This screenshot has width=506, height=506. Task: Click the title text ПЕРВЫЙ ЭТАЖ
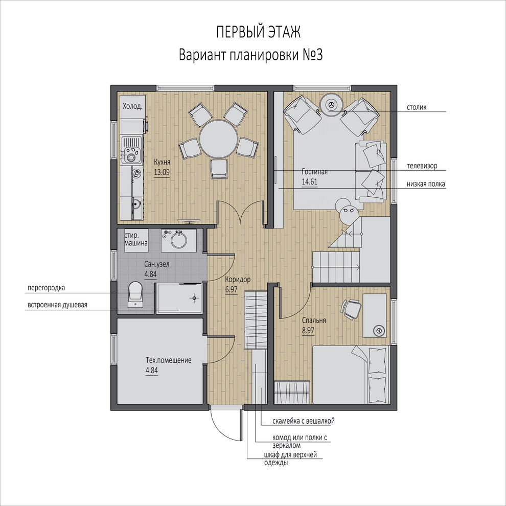(x=258, y=32)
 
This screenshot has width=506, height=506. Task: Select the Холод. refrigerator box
(x=132, y=106)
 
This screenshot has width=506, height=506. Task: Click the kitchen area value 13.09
(x=162, y=172)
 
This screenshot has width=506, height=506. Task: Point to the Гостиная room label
(x=315, y=172)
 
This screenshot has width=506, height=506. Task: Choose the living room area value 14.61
(x=309, y=181)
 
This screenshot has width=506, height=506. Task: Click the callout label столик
(x=417, y=107)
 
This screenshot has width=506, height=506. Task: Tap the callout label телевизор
(x=422, y=166)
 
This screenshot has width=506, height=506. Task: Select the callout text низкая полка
(x=426, y=184)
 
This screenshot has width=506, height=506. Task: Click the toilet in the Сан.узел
(x=135, y=294)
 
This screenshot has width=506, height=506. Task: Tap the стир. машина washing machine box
(x=136, y=240)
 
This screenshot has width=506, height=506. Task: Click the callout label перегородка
(x=46, y=288)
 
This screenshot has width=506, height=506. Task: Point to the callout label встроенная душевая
(x=57, y=305)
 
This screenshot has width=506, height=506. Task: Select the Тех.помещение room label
(x=169, y=360)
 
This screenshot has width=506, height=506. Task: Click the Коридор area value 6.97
(x=232, y=290)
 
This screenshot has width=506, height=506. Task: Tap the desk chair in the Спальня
(x=351, y=309)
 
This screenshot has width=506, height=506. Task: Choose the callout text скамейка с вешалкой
(x=303, y=421)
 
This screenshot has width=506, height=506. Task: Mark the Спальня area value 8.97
(x=308, y=331)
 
